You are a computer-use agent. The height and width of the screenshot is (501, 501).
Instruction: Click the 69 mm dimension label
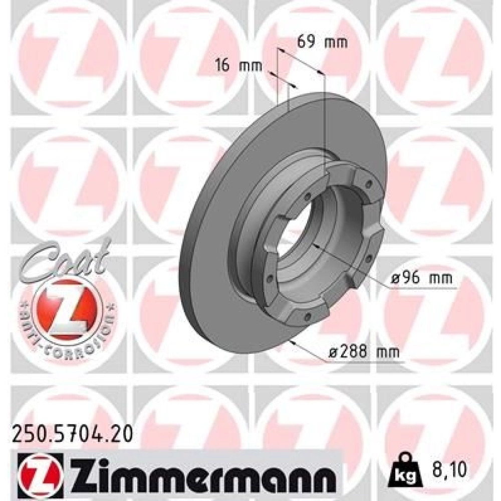pyautogui.click(x=322, y=42)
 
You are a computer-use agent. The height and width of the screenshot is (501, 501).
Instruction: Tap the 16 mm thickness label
pyautogui.click(x=238, y=66)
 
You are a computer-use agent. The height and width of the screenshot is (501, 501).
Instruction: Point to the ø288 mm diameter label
pyautogui.click(x=364, y=352)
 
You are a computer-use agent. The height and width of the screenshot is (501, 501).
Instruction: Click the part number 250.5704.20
pyautogui.click(x=72, y=434)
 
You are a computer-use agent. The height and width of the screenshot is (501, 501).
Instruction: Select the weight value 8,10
pyautogui.click(x=448, y=469)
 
